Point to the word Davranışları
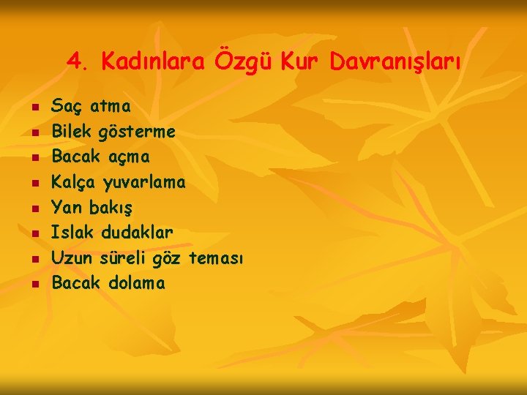[395, 64]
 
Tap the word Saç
[67, 108]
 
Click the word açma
[129, 157]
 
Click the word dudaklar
[137, 233]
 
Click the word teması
[216, 257]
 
